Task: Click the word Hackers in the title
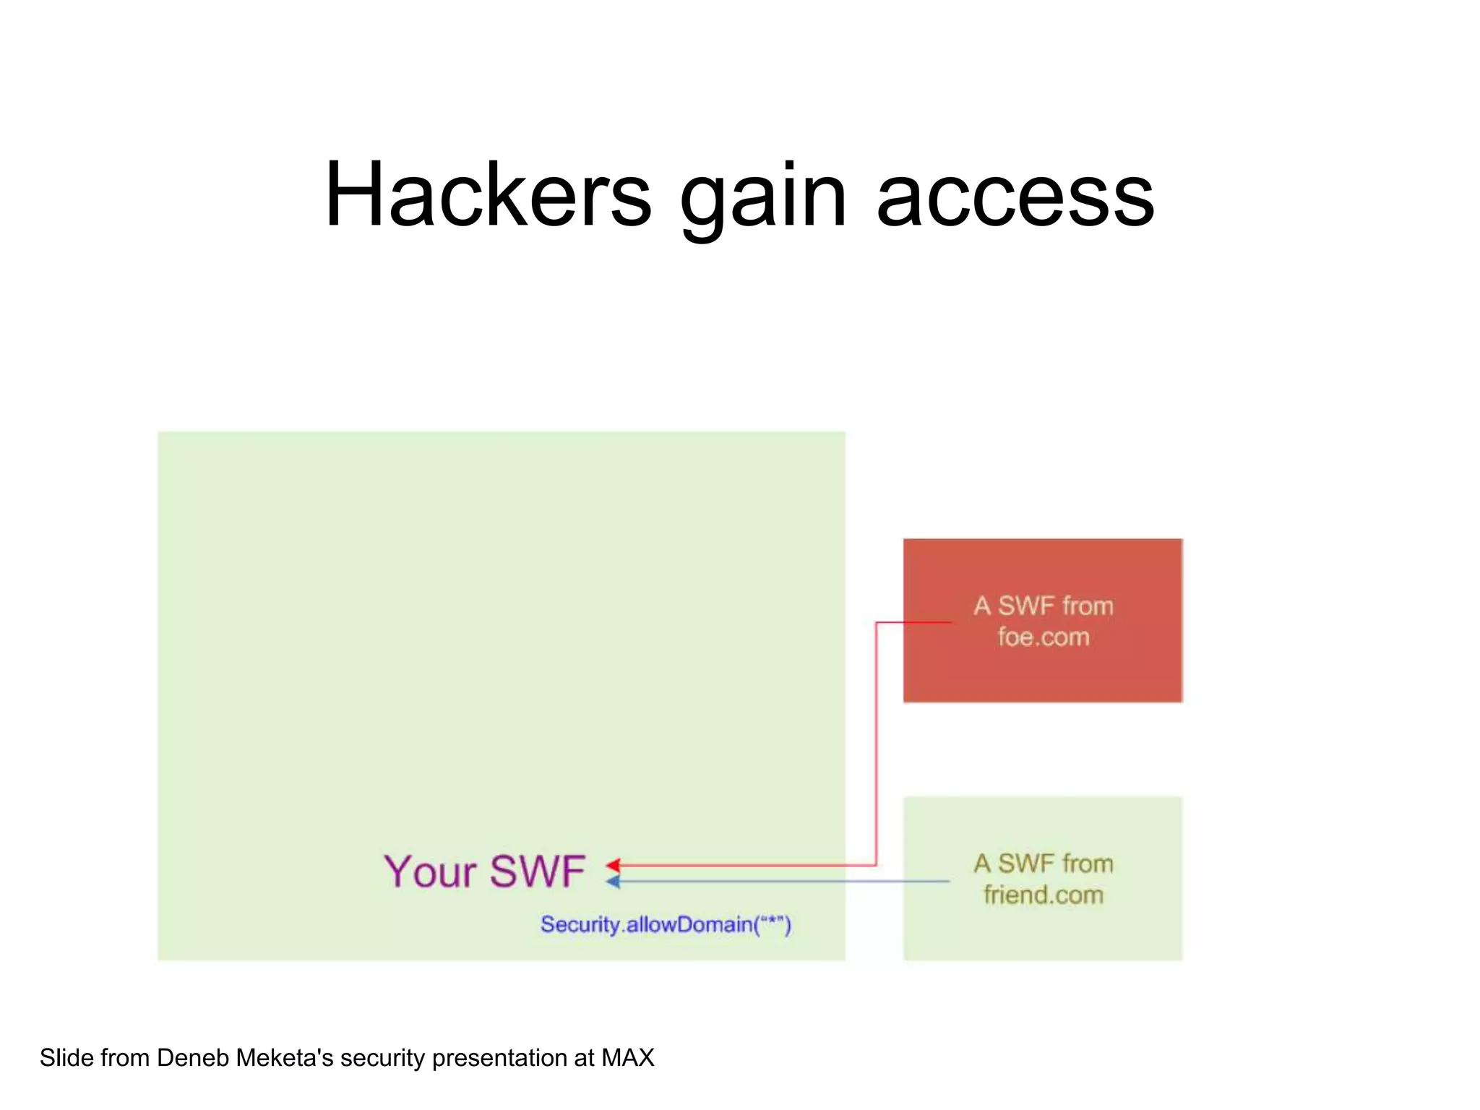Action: point(488,195)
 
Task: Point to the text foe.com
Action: point(1043,637)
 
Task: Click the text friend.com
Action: point(1043,895)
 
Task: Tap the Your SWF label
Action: point(483,872)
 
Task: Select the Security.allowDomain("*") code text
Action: point(666,924)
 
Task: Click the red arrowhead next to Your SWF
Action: point(614,865)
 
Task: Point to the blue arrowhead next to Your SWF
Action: point(614,882)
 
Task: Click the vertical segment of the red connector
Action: point(876,744)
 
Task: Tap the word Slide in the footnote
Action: point(66,1058)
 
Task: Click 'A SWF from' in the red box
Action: point(1043,606)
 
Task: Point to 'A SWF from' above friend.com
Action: point(1043,864)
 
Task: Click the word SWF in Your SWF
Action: point(538,872)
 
